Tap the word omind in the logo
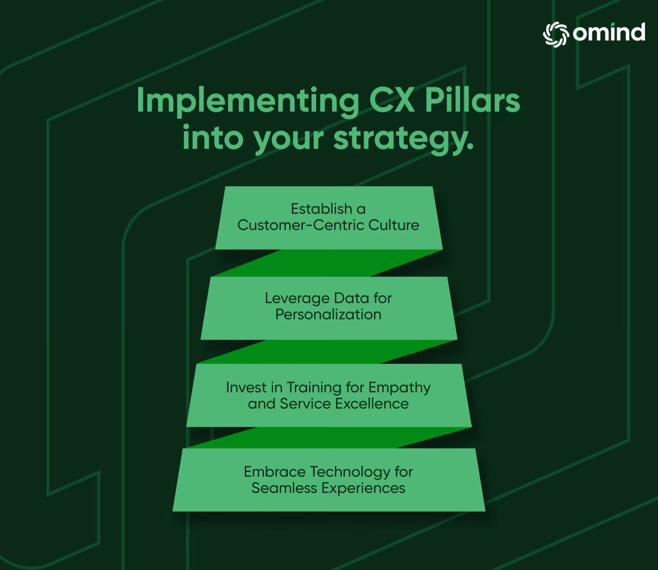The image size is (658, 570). click(x=609, y=32)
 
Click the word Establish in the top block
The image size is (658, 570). click(x=321, y=209)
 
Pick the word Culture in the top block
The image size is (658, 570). click(x=394, y=225)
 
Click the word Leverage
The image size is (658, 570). click(x=297, y=298)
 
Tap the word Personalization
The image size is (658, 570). click(x=328, y=315)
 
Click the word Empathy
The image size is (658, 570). click(x=400, y=388)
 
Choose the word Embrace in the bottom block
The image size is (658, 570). click(x=275, y=472)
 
